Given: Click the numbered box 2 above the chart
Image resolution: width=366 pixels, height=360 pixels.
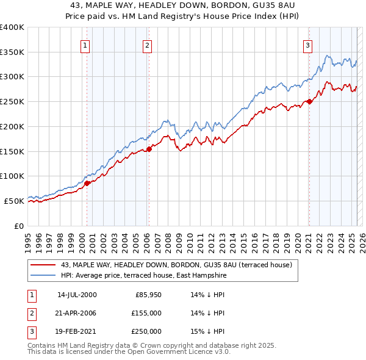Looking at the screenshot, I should click(x=148, y=45).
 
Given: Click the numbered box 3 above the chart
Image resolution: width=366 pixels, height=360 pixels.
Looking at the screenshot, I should click(x=307, y=45).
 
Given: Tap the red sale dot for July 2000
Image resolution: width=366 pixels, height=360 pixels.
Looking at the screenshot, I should click(x=87, y=182).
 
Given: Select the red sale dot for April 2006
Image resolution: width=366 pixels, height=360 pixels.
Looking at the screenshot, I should click(x=149, y=148).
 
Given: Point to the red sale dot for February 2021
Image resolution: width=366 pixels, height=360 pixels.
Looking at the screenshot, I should click(x=309, y=101).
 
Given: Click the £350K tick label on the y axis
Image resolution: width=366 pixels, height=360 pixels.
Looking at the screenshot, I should click(x=12, y=52).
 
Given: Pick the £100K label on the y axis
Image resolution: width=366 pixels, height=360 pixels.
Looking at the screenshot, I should click(x=12, y=176).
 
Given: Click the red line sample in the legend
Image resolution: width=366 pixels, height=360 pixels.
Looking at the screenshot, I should click(x=43, y=265).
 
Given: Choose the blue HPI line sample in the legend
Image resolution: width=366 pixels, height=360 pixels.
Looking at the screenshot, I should click(x=43, y=276).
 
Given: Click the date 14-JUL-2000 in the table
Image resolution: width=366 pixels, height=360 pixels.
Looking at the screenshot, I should click(x=77, y=295).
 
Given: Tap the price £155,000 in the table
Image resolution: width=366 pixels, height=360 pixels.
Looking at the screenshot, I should click(x=146, y=313).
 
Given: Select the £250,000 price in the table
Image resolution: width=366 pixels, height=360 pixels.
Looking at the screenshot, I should click(x=146, y=331).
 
